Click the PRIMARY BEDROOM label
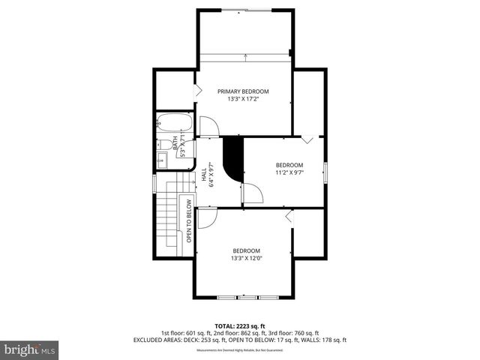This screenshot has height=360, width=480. click(x=243, y=91)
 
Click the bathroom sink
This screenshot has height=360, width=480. click(x=161, y=158)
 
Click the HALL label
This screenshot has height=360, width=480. click(x=204, y=174)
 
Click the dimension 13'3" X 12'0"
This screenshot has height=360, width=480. click(x=245, y=259)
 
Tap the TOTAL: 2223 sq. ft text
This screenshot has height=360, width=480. click(x=240, y=325)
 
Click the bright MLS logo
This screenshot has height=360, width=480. click(x=30, y=349)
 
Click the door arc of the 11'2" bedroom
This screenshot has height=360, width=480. click(x=253, y=194)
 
